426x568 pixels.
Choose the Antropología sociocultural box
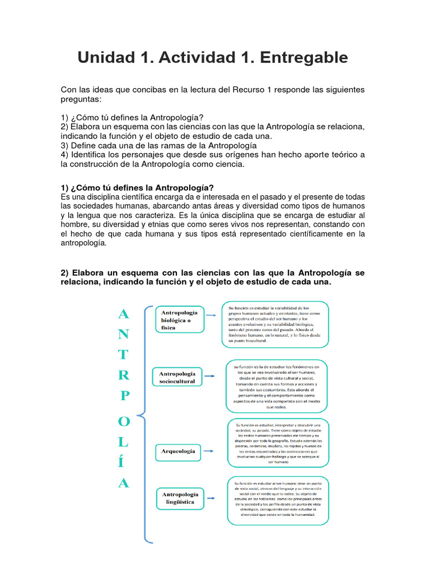(x=177, y=378)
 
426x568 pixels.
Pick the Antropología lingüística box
(x=179, y=498)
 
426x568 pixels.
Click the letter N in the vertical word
(x=124, y=334)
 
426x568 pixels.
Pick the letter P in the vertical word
(x=125, y=395)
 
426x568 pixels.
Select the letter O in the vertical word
(x=124, y=422)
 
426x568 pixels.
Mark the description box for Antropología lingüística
(x=278, y=501)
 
